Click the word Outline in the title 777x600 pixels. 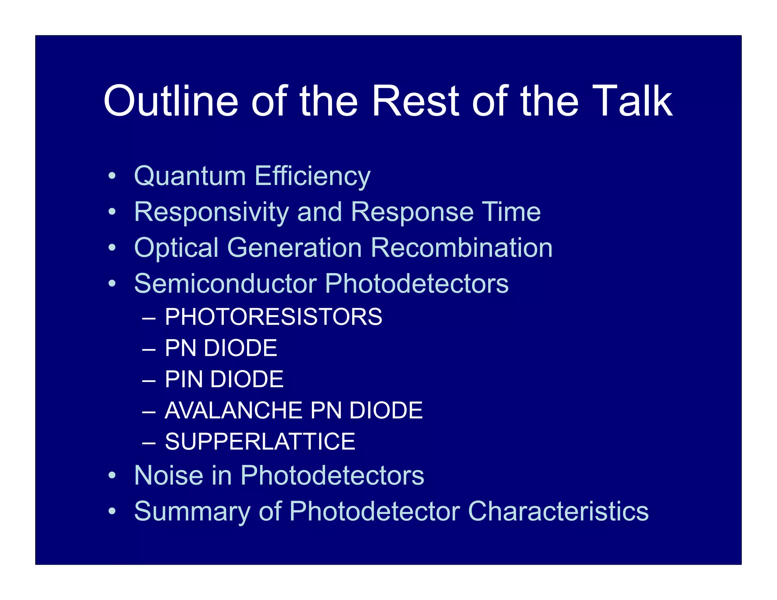(x=171, y=101)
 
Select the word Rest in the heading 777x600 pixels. (x=415, y=101)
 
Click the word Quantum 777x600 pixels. (x=190, y=177)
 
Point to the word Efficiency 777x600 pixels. (x=312, y=177)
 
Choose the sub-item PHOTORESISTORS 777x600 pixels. (x=274, y=317)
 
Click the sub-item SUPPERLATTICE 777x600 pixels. (x=260, y=441)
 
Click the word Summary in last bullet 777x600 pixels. (x=192, y=511)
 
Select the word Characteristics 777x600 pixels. (x=558, y=511)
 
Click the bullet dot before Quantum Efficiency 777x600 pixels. (x=112, y=176)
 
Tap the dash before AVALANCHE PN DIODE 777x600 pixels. (x=149, y=411)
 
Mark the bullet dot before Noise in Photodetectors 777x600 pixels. (x=112, y=475)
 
